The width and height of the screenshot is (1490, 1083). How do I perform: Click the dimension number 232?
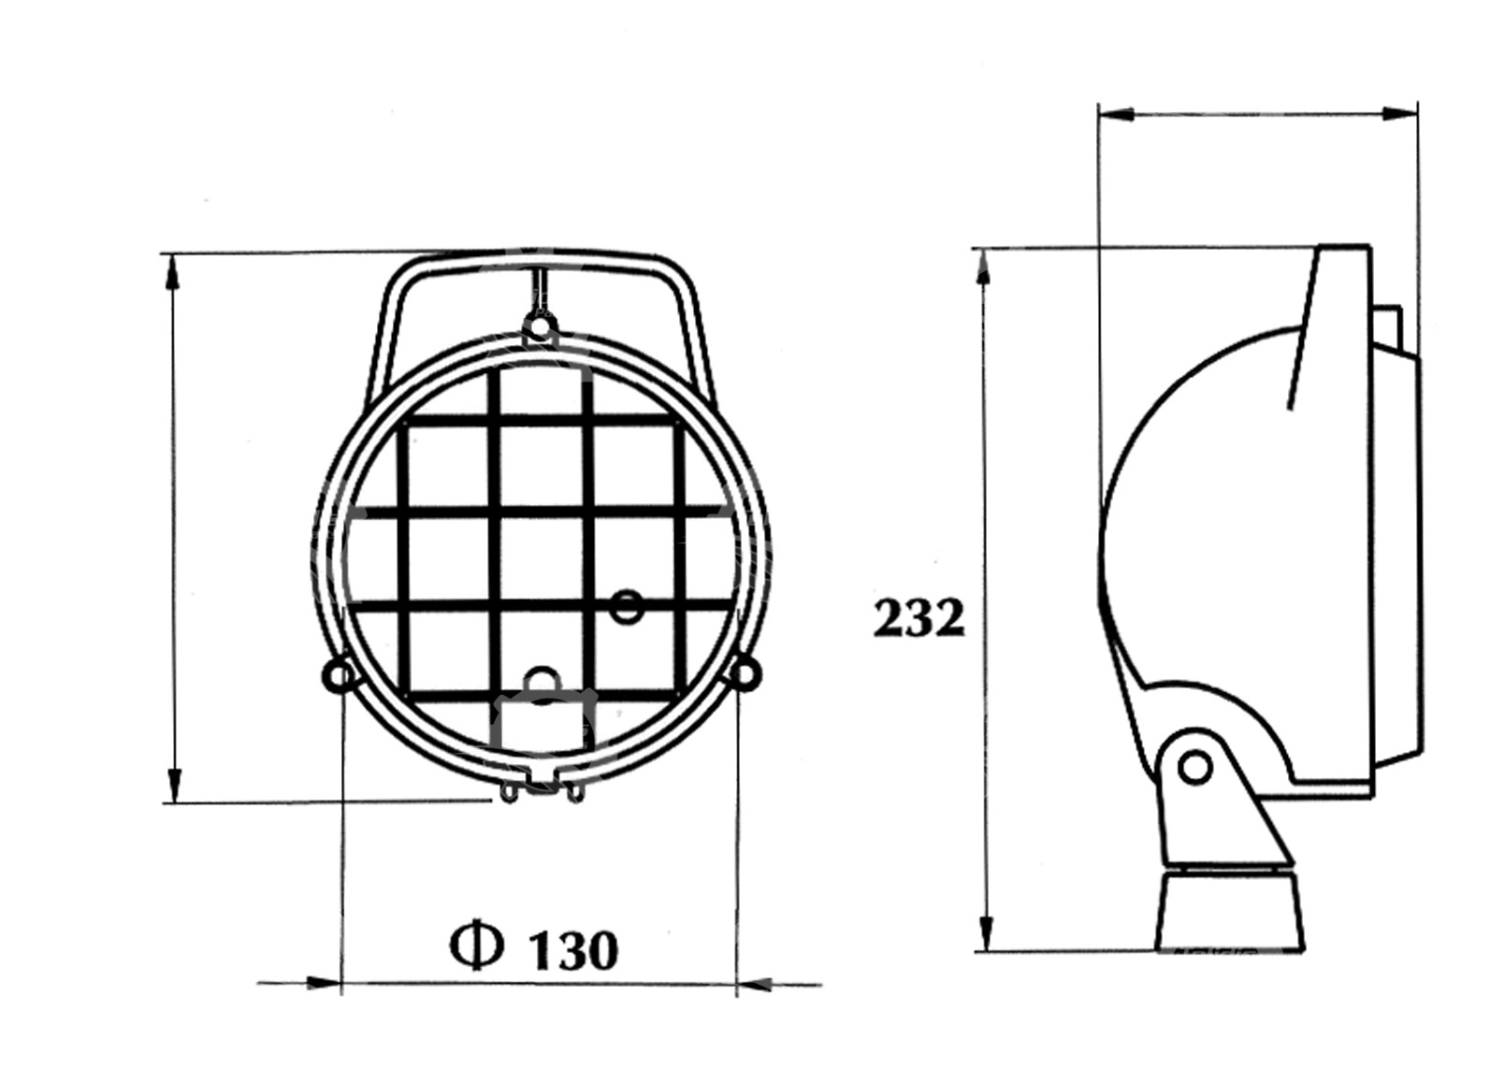click(918, 619)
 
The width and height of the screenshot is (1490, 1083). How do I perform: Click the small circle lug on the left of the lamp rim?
click(340, 676)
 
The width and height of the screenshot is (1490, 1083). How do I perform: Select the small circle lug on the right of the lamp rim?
click(745, 674)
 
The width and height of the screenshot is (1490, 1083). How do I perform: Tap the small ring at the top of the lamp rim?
click(539, 326)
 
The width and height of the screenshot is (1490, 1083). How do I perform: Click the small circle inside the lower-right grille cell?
click(626, 607)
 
